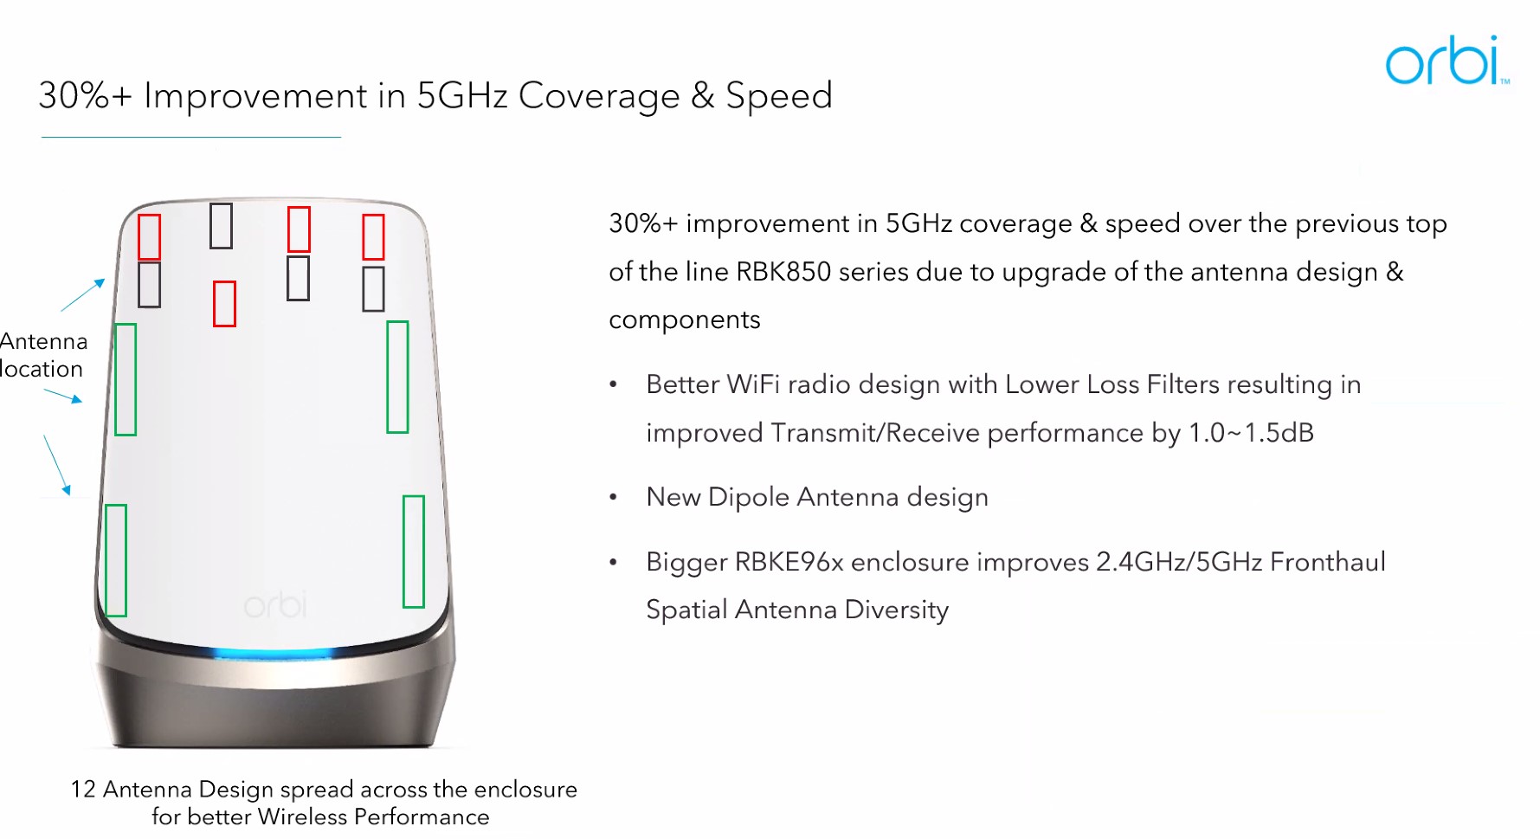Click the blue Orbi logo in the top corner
(x=1447, y=61)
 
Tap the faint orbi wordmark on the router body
(x=275, y=604)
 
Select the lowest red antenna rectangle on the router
(x=224, y=304)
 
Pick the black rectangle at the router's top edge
(x=221, y=226)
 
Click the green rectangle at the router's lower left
(x=116, y=560)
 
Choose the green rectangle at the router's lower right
(x=414, y=552)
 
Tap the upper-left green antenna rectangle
(x=126, y=379)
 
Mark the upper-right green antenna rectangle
(x=397, y=377)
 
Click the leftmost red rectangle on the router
(x=149, y=236)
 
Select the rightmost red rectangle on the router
(x=373, y=236)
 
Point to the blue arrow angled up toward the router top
(x=83, y=294)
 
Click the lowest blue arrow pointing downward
(x=57, y=465)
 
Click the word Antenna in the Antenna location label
(x=43, y=341)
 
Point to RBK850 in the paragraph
(x=783, y=272)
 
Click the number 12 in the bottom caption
(x=83, y=790)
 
